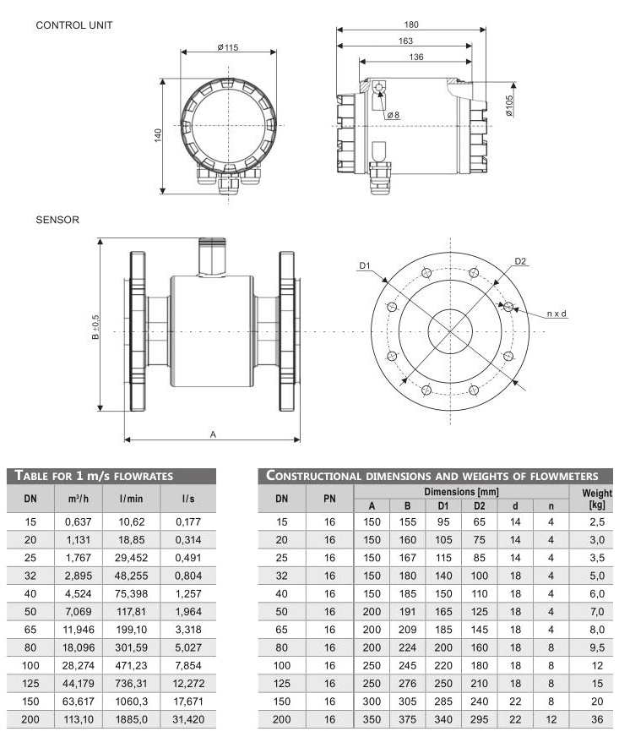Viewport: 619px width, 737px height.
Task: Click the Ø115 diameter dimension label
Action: (x=227, y=47)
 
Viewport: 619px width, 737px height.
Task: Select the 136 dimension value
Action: (x=415, y=57)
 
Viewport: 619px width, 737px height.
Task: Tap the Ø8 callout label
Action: (x=393, y=115)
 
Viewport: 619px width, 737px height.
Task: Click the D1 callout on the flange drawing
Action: (x=365, y=266)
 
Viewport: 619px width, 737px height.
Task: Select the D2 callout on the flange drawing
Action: (x=520, y=261)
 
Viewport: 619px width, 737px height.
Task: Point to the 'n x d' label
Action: (x=557, y=314)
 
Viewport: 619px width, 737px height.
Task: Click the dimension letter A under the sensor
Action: (x=213, y=434)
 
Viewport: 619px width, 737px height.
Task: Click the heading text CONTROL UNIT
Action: (x=74, y=25)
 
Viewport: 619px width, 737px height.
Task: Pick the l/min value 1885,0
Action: (x=130, y=720)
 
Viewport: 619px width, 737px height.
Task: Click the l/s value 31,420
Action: (x=187, y=720)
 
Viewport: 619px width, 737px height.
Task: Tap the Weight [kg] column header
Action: (x=597, y=498)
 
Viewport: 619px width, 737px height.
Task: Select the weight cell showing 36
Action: (x=597, y=720)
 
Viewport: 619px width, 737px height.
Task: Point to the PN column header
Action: (x=329, y=499)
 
